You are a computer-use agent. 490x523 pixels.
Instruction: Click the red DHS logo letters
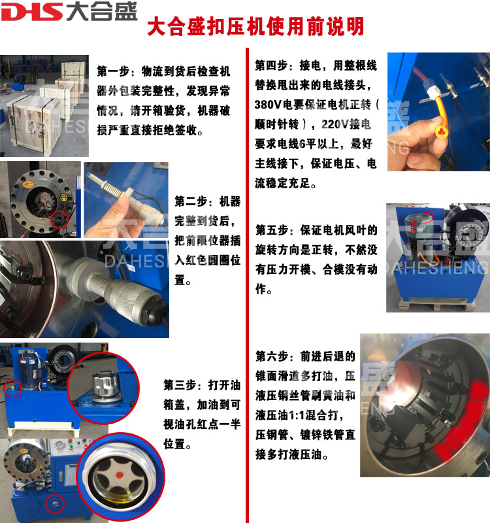pyautogui.click(x=31, y=12)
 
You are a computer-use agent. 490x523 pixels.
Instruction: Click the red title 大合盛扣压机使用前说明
pyautogui.click(x=255, y=26)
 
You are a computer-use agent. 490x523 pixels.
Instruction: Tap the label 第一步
pyautogui.click(x=108, y=71)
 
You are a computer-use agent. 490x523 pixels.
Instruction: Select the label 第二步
pyautogui.click(x=186, y=201)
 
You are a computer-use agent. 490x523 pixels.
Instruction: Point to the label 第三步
pyautogui.click(x=174, y=385)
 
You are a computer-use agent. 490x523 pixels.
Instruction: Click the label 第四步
pyautogui.click(x=267, y=65)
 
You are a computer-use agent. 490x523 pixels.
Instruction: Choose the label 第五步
pyautogui.click(x=267, y=230)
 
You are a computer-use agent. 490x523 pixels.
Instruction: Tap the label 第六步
pyautogui.click(x=267, y=356)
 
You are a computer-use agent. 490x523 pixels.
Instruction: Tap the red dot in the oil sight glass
pyautogui.click(x=120, y=475)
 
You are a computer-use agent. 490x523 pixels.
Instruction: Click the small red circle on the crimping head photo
pyautogui.click(x=59, y=220)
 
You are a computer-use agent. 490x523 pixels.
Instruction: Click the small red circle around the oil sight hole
pyautogui.click(x=55, y=503)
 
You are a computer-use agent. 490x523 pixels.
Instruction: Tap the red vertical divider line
pyautogui.click(x=248, y=285)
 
